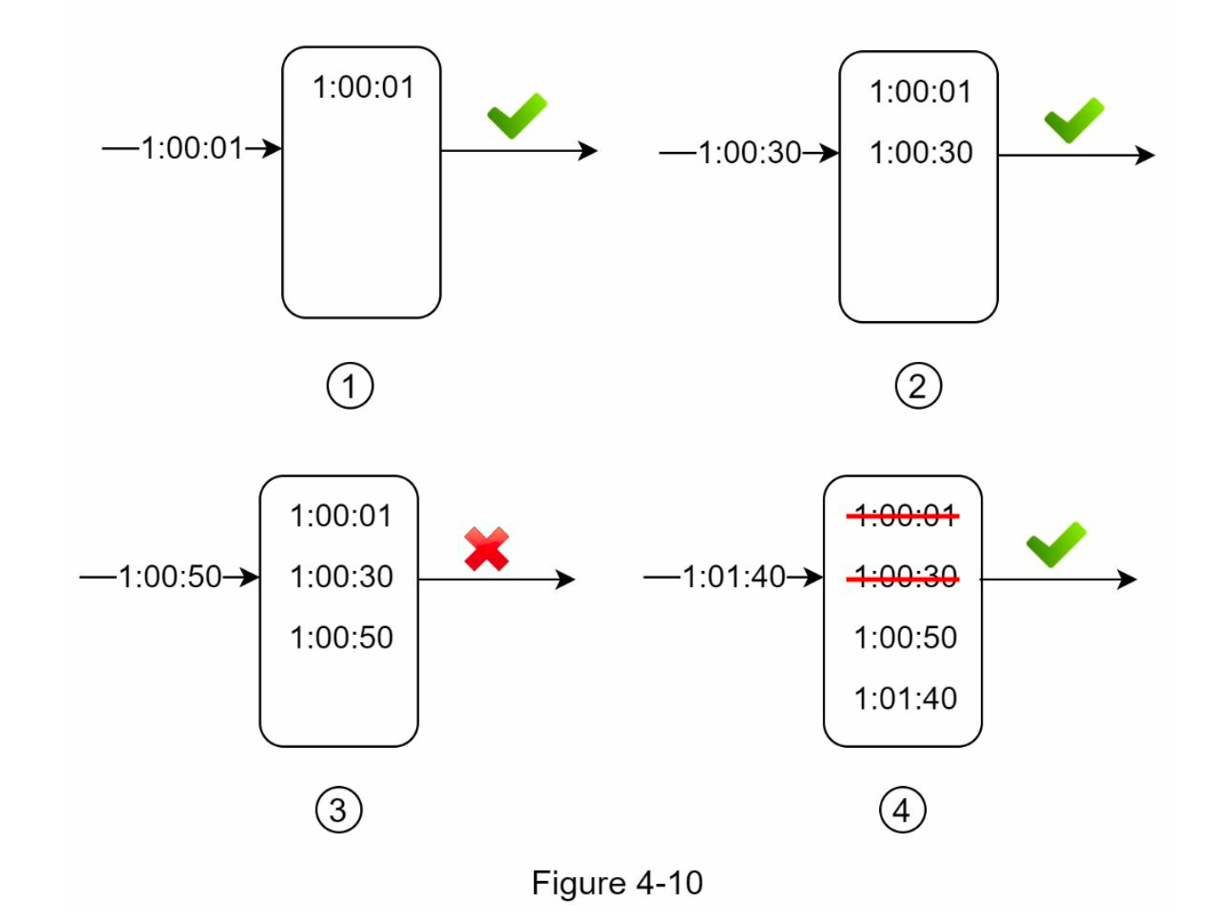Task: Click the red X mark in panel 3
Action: (487, 549)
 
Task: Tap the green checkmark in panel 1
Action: (517, 116)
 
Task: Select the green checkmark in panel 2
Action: (1074, 121)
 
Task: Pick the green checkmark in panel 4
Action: (1056, 545)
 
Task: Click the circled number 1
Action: (350, 386)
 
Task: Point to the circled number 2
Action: (918, 386)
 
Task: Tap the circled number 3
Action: (339, 810)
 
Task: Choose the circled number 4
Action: (903, 810)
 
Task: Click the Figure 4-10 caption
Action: (617, 883)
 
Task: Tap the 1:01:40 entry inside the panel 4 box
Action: (905, 698)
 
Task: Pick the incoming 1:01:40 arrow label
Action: (734, 577)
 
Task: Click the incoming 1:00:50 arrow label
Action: (170, 577)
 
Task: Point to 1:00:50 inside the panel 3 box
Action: (341, 637)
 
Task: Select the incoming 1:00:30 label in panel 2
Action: (749, 153)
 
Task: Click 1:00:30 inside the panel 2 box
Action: (921, 152)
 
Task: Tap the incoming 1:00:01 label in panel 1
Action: (192, 148)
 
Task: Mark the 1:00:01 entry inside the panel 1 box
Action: (364, 87)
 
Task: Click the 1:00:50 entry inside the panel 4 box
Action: (905, 637)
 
